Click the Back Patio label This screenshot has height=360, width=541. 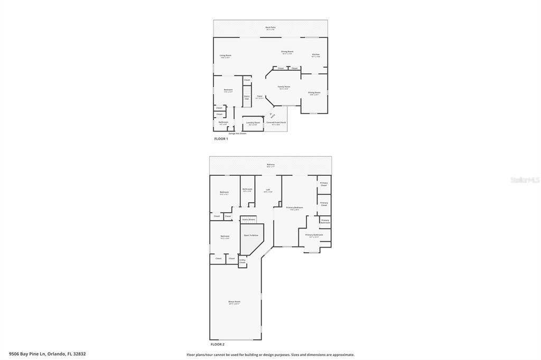click(x=270, y=27)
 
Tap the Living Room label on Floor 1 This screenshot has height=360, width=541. click(x=226, y=55)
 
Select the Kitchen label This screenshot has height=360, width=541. click(x=315, y=55)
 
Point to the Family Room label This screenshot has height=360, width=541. click(x=284, y=87)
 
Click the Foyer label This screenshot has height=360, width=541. click(x=259, y=97)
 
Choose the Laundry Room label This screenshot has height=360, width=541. click(x=253, y=123)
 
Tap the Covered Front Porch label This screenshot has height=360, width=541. click(x=276, y=123)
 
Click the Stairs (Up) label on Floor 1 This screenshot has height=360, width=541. click(x=247, y=97)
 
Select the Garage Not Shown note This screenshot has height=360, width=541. click(x=237, y=134)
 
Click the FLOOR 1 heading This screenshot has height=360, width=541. click(x=221, y=139)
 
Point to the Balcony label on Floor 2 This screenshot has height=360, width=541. click(x=270, y=165)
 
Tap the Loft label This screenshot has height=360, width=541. click(x=268, y=190)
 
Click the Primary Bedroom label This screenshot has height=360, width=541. click(x=294, y=208)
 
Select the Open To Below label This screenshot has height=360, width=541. click(x=251, y=235)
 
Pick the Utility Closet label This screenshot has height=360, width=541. click(x=242, y=261)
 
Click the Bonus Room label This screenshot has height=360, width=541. click(x=234, y=302)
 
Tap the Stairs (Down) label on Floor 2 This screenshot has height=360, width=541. click(x=248, y=219)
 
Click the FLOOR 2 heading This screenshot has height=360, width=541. click(x=218, y=344)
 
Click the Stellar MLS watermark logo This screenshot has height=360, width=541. click(x=525, y=180)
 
